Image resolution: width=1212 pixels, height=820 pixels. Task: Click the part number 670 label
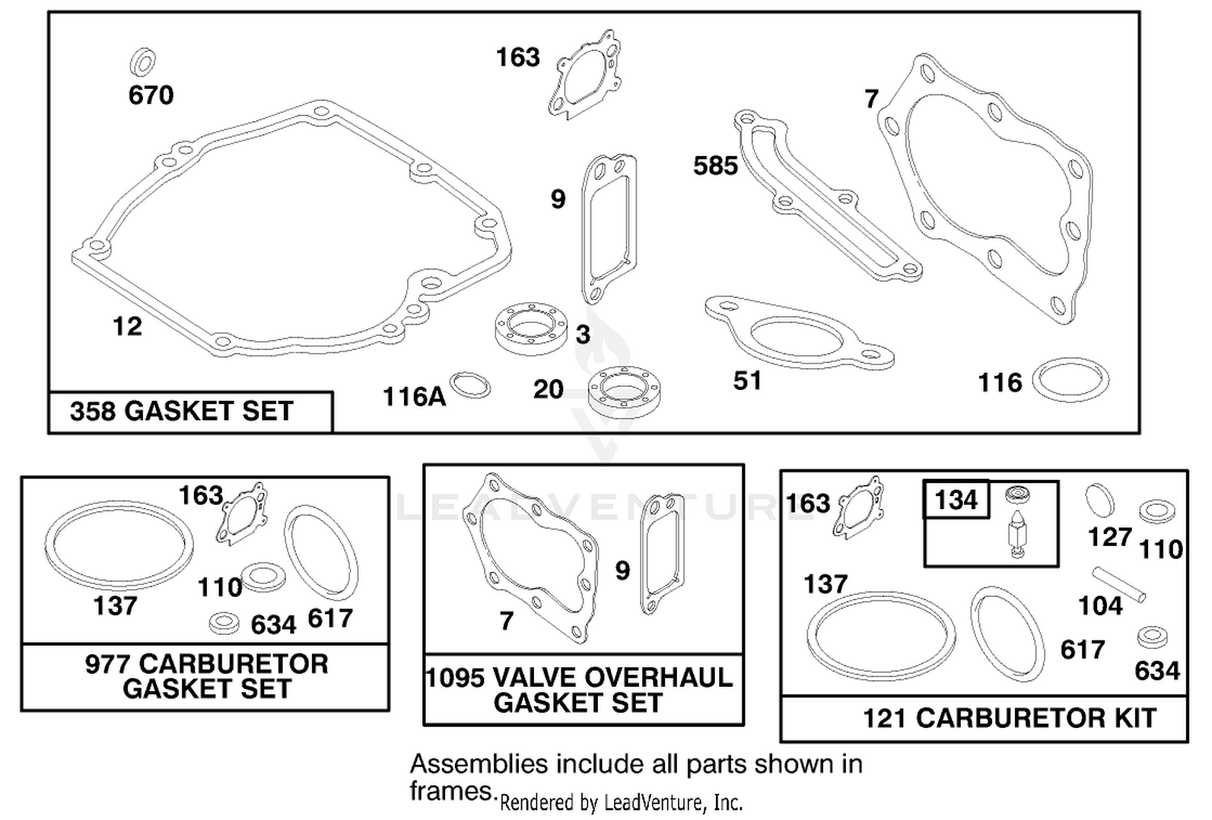[151, 95]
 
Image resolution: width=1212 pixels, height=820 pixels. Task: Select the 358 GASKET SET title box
[191, 412]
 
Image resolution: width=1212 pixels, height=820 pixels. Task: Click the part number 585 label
[715, 166]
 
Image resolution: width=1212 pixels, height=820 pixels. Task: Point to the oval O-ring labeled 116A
[469, 385]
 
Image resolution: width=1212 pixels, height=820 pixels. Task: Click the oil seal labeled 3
[531, 329]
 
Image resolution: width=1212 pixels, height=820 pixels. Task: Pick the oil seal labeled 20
[624, 392]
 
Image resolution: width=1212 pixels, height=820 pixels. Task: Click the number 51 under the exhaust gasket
[747, 381]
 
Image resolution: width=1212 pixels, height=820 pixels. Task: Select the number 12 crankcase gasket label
[127, 326]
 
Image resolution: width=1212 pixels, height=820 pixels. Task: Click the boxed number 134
[956, 500]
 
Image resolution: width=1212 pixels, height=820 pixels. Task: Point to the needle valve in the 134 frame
[1017, 533]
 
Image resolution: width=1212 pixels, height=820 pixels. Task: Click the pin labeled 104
[1118, 584]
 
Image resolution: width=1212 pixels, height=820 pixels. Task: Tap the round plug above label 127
[1100, 499]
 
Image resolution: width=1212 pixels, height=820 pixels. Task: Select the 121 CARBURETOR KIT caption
[1010, 718]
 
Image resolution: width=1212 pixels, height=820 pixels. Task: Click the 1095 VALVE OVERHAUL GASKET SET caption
[579, 690]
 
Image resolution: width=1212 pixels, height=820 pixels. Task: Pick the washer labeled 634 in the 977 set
[224, 623]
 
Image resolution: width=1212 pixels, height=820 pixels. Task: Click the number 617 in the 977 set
[330, 618]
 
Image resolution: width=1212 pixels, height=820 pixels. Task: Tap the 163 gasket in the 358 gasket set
[583, 74]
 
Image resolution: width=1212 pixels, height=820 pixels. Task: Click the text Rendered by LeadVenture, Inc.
[621, 803]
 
